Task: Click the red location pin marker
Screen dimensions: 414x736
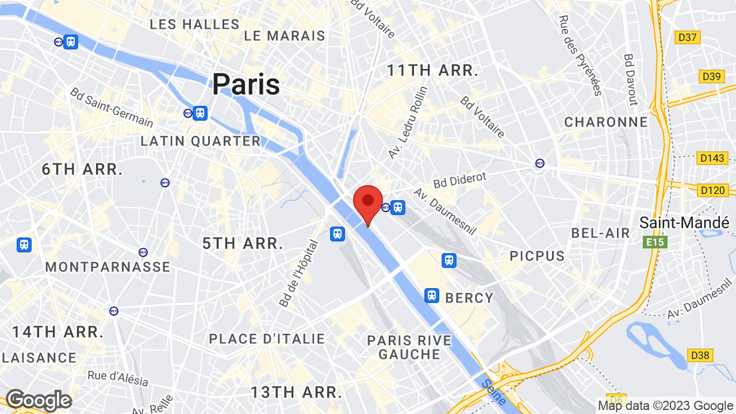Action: pos(368,202)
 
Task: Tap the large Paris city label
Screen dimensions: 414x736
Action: pos(246,84)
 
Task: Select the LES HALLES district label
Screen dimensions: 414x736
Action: pos(194,24)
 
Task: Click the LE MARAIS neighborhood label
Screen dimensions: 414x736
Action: pos(285,36)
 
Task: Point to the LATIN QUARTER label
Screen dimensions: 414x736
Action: pos(201,141)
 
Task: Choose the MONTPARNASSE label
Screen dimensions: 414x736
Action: pos(108,267)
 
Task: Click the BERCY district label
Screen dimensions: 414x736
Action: pos(469,297)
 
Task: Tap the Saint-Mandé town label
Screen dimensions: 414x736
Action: pos(684,223)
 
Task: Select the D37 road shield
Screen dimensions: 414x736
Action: pos(688,38)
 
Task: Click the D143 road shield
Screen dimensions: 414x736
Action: pos(712,158)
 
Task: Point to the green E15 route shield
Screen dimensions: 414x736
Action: pos(655,242)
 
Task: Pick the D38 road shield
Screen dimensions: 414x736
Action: pos(700,355)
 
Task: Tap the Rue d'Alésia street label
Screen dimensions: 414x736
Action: pos(118,378)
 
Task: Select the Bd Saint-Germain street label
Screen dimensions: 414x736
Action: pos(112,108)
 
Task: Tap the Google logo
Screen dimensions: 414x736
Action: pos(39,401)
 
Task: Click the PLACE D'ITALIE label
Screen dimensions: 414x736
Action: pos(267,339)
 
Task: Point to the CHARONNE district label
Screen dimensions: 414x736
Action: pos(606,122)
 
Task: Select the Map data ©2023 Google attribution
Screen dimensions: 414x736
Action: pos(665,406)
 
